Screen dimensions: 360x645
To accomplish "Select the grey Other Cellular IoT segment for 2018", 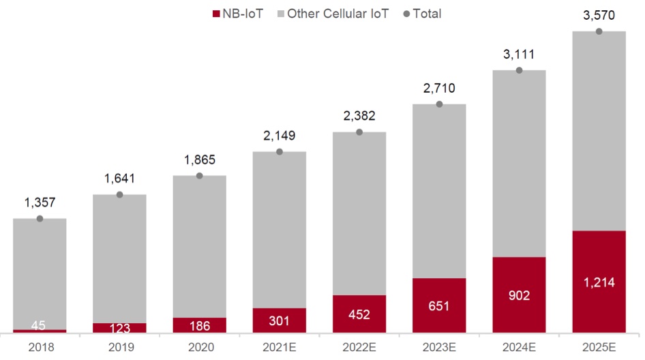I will [40, 273].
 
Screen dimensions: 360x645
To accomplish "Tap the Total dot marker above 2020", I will [200, 176].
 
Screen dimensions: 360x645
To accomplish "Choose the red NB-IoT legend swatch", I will [217, 13].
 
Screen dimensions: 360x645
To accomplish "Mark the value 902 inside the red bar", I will [519, 295].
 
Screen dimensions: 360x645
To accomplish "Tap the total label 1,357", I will [40, 202].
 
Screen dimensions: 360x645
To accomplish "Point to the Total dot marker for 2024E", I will [519, 70].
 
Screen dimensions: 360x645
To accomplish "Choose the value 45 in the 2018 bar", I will [40, 325].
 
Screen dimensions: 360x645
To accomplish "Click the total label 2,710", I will [439, 88].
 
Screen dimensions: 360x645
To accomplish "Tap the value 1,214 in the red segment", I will [599, 282].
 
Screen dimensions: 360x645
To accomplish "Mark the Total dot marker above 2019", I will [119, 195].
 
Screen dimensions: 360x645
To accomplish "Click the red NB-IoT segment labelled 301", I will [280, 320].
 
